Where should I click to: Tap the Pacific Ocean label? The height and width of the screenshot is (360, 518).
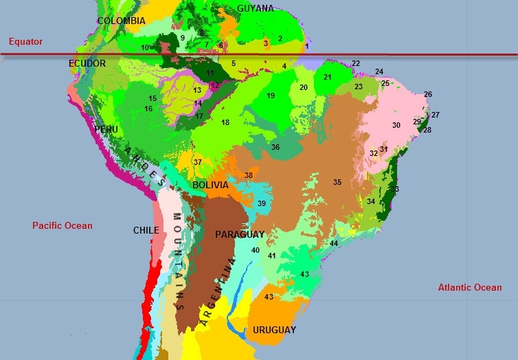click(62, 225)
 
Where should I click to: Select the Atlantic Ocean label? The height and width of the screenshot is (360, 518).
click(470, 288)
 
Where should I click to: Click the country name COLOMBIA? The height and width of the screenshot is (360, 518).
click(121, 21)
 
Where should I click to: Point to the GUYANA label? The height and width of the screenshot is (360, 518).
click(255, 8)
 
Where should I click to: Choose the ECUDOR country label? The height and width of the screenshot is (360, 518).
click(87, 64)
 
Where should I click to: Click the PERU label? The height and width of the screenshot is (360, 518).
click(106, 129)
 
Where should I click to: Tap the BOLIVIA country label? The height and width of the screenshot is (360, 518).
click(210, 185)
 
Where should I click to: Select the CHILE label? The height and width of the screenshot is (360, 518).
click(146, 231)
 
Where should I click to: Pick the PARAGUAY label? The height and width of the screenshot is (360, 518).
click(239, 235)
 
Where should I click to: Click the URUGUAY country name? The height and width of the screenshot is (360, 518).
click(274, 330)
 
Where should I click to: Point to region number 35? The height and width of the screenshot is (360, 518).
click(337, 182)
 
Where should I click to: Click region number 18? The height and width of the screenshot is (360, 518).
click(225, 122)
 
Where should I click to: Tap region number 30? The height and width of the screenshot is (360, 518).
click(396, 125)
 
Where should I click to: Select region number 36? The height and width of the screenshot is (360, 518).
click(275, 147)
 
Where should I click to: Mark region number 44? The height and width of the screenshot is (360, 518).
click(334, 243)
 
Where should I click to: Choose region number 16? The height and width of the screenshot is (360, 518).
click(148, 109)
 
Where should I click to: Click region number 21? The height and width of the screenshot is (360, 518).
click(328, 77)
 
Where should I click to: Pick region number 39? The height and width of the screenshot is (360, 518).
click(262, 203)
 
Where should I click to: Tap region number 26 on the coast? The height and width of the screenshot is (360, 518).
click(428, 94)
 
